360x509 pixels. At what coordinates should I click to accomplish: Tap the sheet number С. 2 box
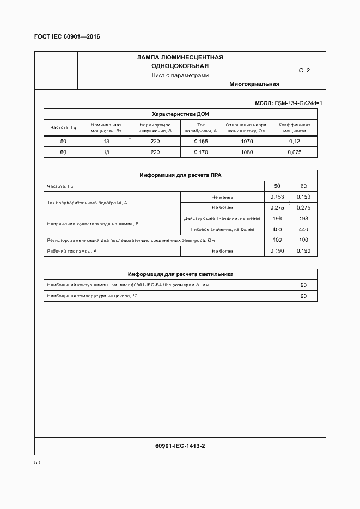pos(304,71)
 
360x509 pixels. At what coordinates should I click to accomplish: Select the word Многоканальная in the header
pos(254,84)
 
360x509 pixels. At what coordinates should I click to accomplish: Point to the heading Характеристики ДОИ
pos(180,114)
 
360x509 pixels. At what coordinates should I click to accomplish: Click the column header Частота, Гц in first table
pos(63,127)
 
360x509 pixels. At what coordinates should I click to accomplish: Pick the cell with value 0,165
pos(201,142)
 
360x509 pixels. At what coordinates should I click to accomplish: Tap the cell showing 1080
pos(246,152)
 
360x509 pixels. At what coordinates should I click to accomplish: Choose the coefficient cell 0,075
pos(294,152)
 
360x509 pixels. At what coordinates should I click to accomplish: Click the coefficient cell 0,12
pos(294,142)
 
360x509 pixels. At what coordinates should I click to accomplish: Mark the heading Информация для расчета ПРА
pos(180,175)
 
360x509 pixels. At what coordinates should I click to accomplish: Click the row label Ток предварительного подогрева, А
pos(87,203)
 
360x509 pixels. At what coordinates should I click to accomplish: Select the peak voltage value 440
pos(304,229)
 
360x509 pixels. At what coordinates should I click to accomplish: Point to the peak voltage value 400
pos(277,229)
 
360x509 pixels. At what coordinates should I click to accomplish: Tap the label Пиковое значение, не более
pos(222,229)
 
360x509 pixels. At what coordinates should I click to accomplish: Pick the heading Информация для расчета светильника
pos(180,274)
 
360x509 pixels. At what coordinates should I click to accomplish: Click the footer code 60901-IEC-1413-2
pos(180,446)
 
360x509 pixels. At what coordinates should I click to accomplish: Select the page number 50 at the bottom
pos(37,463)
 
